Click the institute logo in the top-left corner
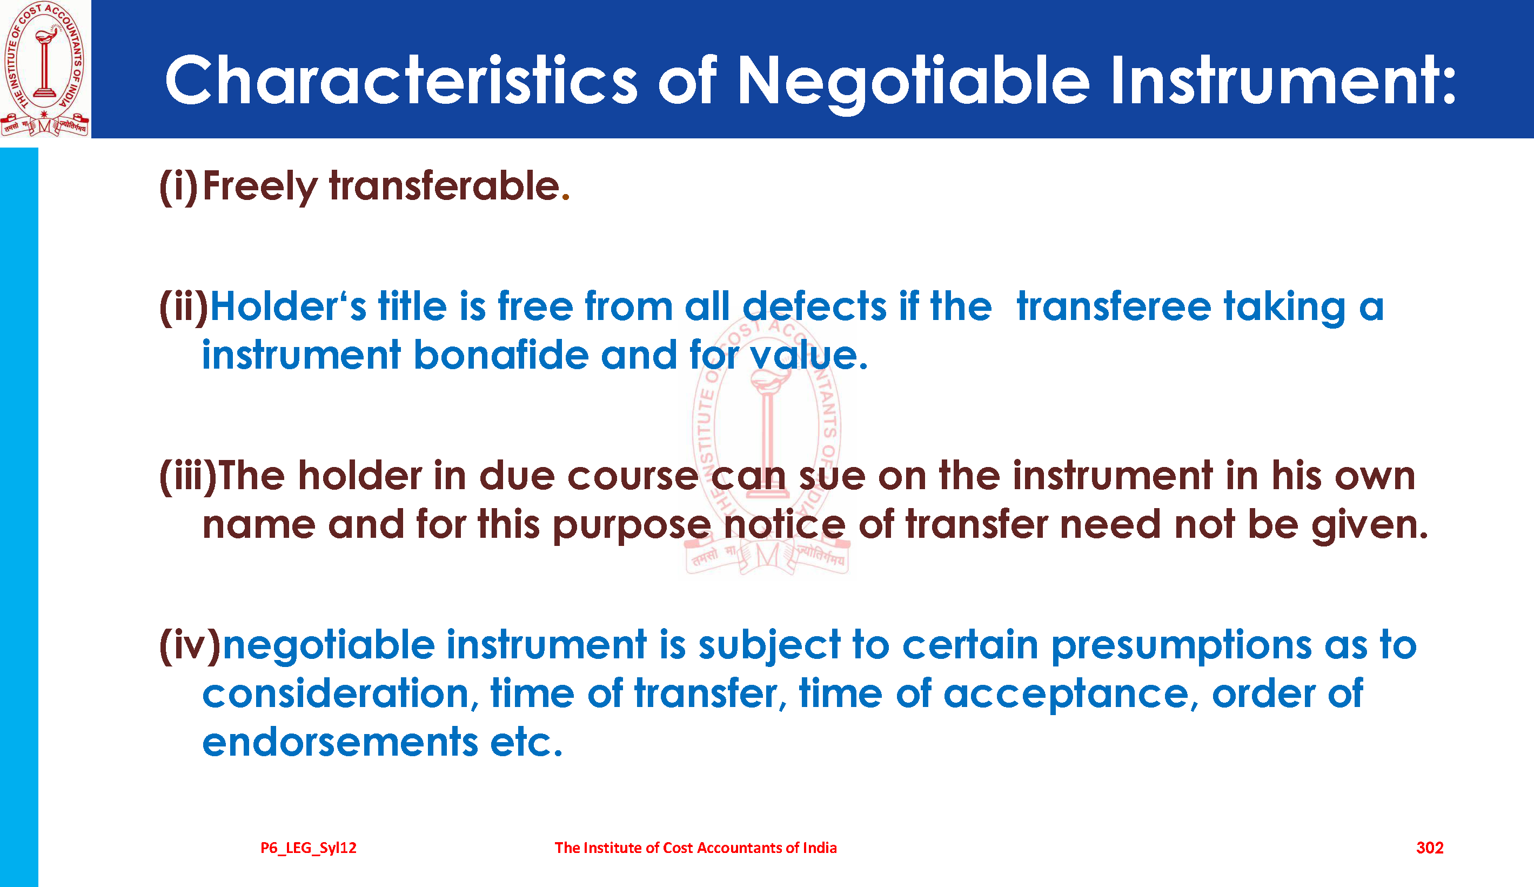pos(44,69)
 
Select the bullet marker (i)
pos(178,186)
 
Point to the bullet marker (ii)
pos(183,306)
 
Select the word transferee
pos(1114,306)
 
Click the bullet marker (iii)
pos(187,476)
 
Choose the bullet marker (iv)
pos(190,645)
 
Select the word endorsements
pos(340,742)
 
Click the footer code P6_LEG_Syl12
pos(309,848)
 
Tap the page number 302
pos(1430,848)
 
